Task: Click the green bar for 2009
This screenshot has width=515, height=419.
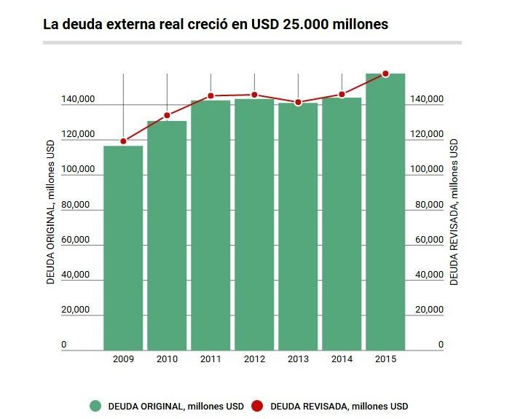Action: pos(123,248)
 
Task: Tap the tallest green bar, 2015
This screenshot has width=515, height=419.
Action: pos(385,211)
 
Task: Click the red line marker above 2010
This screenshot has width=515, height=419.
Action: pos(167,115)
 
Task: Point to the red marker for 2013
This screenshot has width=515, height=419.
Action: pos(298,102)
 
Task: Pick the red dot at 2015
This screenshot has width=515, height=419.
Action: pos(385,74)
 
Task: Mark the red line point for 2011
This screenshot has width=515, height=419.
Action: pos(211,95)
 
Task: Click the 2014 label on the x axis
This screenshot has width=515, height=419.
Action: pos(342,359)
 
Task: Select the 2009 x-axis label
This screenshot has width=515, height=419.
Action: pos(123,359)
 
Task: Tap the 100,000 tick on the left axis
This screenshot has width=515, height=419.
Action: pos(74,169)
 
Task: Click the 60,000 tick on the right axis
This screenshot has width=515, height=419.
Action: pos(429,240)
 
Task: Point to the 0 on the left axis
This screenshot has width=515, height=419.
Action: pos(64,345)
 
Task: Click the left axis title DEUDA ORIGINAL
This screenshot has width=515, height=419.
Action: pos(51,211)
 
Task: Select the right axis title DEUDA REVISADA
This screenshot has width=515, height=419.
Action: pos(454,211)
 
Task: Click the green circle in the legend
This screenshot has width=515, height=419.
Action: pos(95,406)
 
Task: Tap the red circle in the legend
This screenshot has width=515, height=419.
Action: pos(257,406)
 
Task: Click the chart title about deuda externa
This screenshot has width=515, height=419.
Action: pos(216,24)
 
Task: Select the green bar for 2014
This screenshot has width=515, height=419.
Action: pos(342,224)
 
